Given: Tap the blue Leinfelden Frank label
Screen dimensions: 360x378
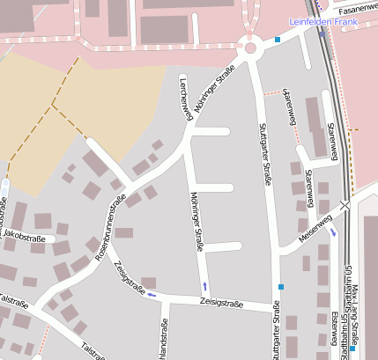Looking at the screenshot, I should pos(332,20).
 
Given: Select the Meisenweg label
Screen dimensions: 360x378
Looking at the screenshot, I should pos(315,228).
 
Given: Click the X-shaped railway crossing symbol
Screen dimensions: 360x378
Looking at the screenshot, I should pos(345,205).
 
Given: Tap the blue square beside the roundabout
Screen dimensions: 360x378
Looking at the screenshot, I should pos(278,40).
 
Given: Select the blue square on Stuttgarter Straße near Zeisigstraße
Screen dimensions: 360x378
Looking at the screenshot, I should pos(280,287).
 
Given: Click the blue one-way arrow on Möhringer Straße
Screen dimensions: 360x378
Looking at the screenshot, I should pos(204,285).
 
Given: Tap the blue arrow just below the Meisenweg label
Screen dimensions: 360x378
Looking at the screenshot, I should pos(333,233).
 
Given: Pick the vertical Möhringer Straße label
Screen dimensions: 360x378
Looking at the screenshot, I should pos(196,224).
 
